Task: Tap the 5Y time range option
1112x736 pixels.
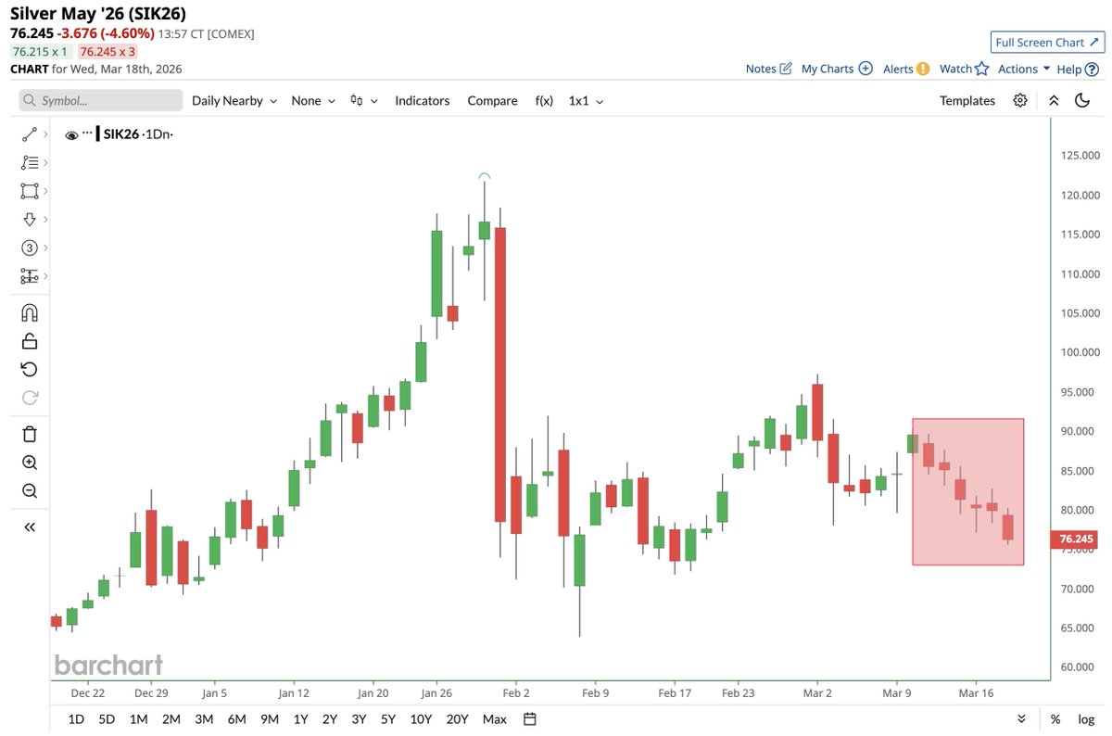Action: pos(388,719)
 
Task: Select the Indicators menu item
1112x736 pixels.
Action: pos(422,101)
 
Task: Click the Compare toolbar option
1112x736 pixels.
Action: pos(492,101)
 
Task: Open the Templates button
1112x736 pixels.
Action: pos(967,101)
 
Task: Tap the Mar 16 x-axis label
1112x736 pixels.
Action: pos(976,692)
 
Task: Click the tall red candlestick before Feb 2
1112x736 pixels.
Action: pos(500,371)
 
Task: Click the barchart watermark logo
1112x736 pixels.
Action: pos(108,665)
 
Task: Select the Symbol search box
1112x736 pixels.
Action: pos(101,101)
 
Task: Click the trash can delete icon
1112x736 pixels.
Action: pos(29,433)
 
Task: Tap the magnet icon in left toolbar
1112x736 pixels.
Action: pos(29,312)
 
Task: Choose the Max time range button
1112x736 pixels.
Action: pos(495,719)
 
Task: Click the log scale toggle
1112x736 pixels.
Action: pos(1085,719)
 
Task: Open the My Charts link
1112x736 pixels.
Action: pos(837,69)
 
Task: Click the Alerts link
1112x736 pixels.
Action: pos(905,69)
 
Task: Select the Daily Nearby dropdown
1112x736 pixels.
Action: pos(234,101)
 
